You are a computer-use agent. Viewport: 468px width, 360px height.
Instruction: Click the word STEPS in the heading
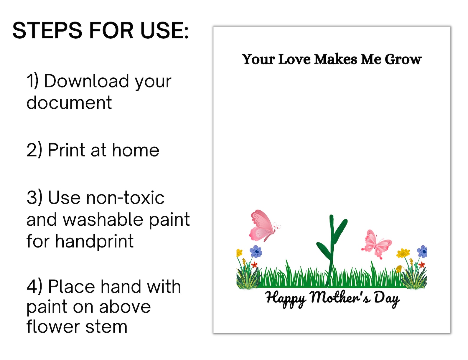point(47,30)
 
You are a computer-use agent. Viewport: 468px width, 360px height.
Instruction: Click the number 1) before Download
point(32,81)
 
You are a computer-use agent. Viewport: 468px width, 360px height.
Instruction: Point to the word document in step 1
point(69,103)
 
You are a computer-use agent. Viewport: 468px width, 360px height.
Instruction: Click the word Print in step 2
point(67,150)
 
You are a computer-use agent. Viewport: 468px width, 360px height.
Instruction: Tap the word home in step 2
point(136,150)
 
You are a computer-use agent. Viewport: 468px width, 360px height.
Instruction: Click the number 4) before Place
point(34,287)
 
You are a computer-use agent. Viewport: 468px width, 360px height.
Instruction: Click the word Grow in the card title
point(403,60)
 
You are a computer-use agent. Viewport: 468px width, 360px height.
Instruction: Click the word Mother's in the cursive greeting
point(340,298)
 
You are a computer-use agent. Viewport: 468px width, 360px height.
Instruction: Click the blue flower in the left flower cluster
point(256,251)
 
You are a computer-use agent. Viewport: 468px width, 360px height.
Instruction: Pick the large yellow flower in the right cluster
point(403,253)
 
